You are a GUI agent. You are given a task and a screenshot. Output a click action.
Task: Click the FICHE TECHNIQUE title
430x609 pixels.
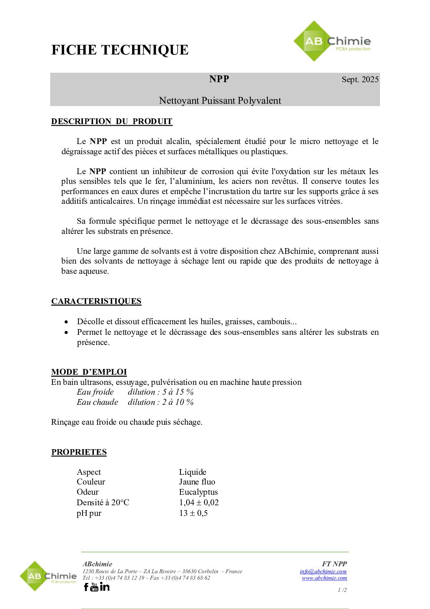click(120, 50)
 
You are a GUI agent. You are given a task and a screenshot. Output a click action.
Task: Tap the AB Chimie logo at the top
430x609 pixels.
click(332, 41)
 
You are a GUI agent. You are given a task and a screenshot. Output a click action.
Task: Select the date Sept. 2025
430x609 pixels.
click(360, 79)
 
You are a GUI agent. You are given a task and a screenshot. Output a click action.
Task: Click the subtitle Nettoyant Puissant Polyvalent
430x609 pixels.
click(220, 100)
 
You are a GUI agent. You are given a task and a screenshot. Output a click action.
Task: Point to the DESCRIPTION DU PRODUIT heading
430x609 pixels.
click(112, 121)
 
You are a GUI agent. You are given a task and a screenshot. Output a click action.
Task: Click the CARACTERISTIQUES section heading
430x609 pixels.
click(96, 301)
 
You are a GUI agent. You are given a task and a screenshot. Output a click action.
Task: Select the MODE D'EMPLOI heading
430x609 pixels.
click(89, 372)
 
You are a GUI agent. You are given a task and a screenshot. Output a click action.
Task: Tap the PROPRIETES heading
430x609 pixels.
click(79, 452)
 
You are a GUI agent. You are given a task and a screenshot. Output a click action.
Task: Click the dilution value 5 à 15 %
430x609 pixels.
click(178, 392)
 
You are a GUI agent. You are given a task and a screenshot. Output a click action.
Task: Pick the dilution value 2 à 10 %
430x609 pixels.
click(178, 402)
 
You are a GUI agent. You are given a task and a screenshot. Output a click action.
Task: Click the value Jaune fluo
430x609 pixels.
click(197, 482)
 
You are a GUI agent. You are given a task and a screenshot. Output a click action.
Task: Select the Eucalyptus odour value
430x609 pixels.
click(198, 492)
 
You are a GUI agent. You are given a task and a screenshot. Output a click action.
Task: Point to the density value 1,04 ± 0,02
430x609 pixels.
click(199, 502)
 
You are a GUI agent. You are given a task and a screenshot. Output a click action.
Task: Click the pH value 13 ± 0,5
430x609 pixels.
click(193, 513)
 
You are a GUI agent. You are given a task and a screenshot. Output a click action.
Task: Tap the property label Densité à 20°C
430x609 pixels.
click(103, 502)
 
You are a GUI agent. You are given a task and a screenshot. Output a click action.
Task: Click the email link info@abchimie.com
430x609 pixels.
click(323, 572)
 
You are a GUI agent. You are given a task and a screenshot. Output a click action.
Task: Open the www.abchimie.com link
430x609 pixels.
click(324, 578)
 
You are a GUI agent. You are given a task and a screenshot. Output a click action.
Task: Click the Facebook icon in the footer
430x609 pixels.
click(86, 587)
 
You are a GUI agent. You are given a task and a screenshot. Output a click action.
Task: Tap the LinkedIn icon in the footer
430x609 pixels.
click(105, 587)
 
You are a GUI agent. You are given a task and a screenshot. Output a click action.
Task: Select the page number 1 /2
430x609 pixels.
click(342, 590)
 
